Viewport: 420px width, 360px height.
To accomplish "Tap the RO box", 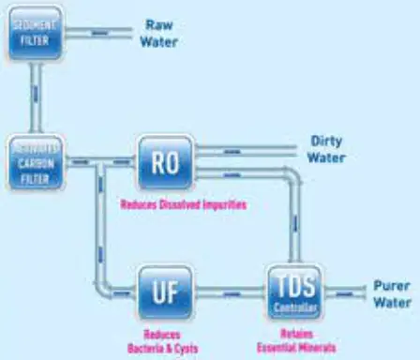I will pos(166,161).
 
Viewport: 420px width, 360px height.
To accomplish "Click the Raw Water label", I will pos(158,34).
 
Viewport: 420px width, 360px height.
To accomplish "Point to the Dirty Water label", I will pos(327,149).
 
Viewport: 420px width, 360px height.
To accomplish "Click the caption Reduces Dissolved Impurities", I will pos(183,203).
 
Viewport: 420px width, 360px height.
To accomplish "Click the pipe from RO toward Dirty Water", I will pos(248,148).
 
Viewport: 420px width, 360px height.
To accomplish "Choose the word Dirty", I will pos(327,142).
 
